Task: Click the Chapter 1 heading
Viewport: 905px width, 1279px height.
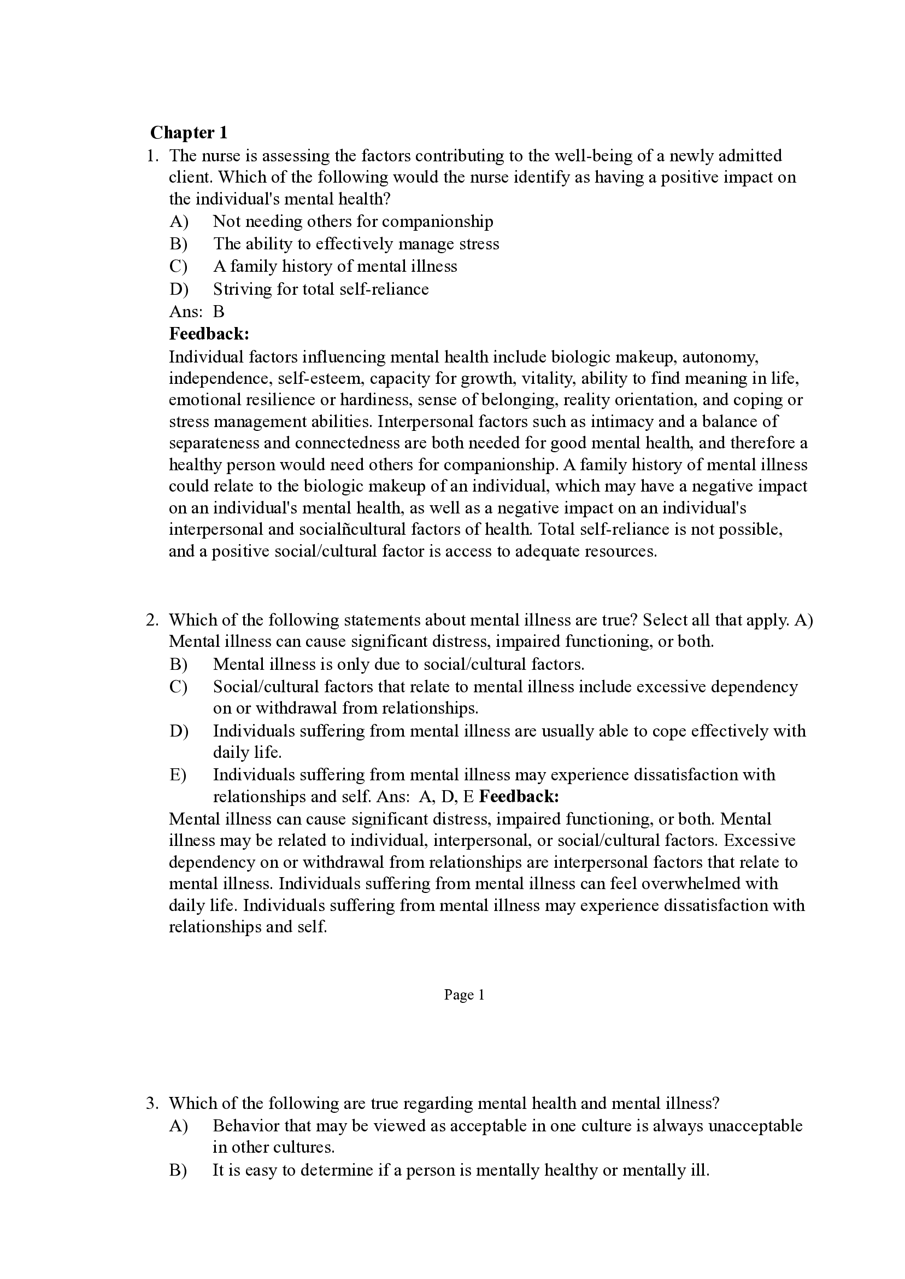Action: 189,133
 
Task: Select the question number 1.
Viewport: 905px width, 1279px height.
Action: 152,155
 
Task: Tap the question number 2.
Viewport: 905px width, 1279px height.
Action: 152,620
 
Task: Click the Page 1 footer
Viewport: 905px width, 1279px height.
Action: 463,995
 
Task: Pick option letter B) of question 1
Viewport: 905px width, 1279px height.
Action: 178,244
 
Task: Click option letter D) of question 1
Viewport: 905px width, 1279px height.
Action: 178,289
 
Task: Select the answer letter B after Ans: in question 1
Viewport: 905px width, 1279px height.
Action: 218,312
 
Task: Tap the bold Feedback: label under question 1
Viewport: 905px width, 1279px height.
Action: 209,334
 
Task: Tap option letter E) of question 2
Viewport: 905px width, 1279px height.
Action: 178,774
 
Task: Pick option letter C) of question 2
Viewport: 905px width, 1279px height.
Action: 178,686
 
